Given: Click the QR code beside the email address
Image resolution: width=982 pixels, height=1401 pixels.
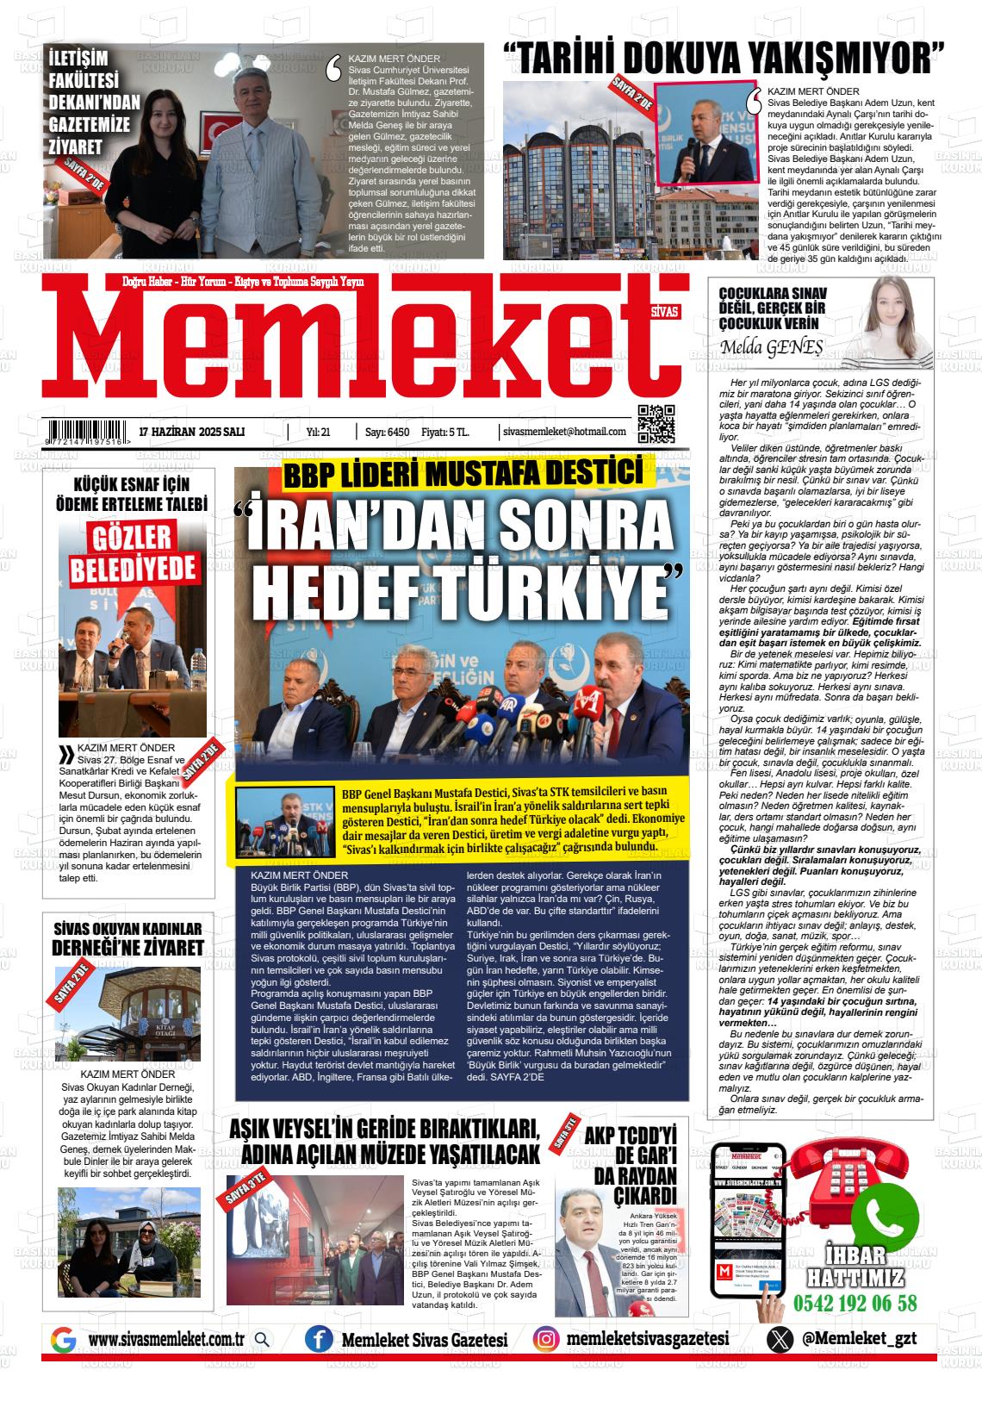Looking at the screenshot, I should [656, 423].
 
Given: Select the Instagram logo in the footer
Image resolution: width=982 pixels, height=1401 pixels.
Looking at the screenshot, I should [544, 1338].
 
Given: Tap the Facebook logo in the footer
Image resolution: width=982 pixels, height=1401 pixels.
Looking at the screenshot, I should [320, 1339].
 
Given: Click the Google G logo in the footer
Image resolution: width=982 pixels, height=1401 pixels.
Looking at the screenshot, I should [64, 1340].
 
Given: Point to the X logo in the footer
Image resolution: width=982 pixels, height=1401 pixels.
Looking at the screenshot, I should [780, 1339].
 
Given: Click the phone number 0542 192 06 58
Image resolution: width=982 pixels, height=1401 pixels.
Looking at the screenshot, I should [855, 1303].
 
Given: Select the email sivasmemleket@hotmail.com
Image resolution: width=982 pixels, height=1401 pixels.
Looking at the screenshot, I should [564, 431].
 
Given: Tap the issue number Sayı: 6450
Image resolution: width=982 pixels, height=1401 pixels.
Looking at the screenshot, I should [387, 431].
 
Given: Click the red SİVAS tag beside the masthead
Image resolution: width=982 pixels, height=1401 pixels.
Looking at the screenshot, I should [665, 313].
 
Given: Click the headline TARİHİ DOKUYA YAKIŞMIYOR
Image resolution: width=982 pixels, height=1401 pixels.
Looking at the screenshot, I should [724, 59].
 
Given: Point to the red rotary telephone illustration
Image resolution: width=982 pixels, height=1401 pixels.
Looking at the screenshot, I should [818, 1180].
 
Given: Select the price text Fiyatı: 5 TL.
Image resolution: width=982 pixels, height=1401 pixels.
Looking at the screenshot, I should [445, 431].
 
